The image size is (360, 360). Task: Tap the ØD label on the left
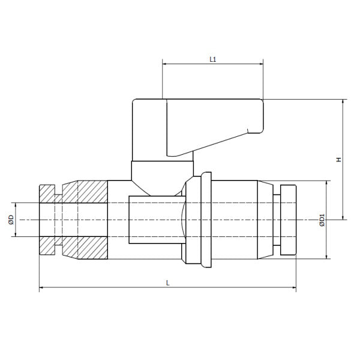pos(11,220)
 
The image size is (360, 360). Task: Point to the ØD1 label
pos(322,220)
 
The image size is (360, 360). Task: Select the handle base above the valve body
pos(163,169)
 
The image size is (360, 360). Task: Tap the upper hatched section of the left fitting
pos(81,192)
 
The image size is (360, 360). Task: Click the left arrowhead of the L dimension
pos(41,289)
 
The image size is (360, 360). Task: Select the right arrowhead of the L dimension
pos(293,289)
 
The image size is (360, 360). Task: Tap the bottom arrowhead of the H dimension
pos(342,217)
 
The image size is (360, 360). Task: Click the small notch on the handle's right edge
pos(248,130)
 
